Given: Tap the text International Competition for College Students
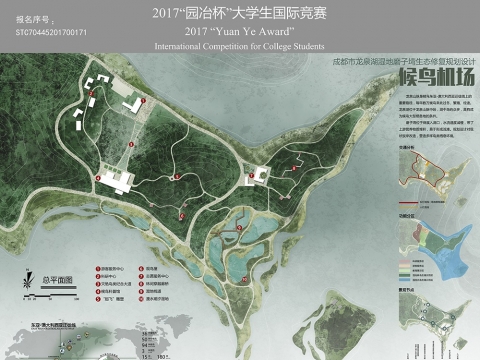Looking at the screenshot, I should pos(239,46).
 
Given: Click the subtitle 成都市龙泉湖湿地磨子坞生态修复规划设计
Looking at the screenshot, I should pos(401,61).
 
